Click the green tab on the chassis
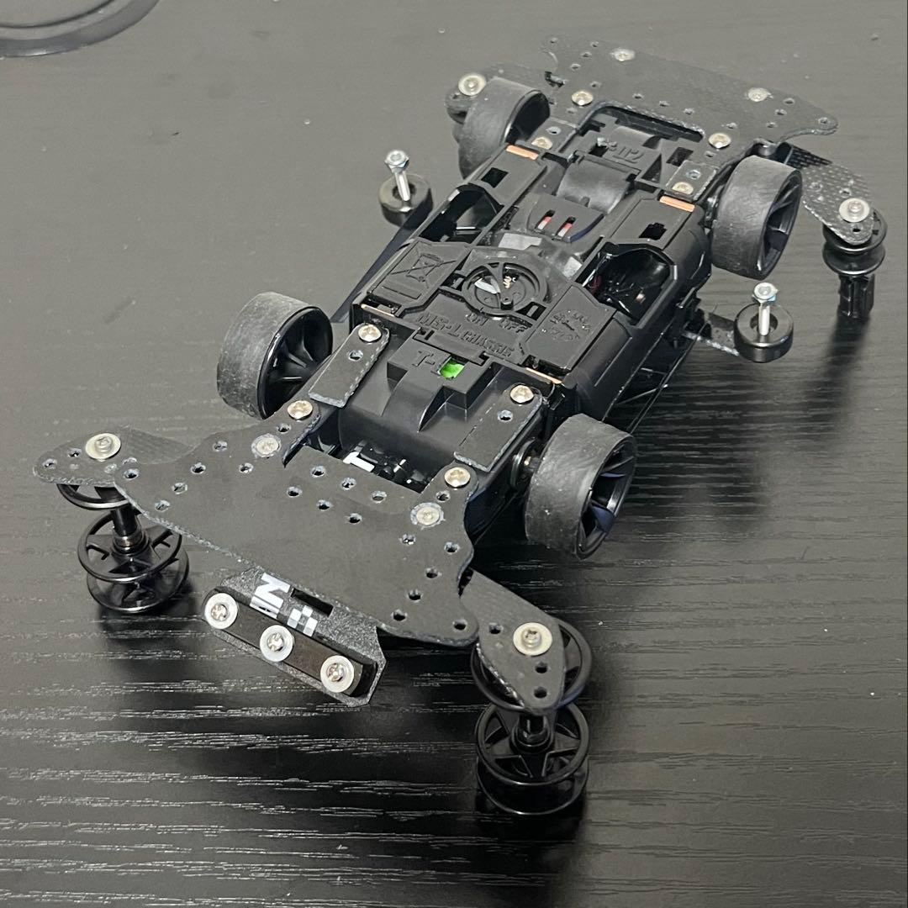pyautogui.click(x=457, y=368)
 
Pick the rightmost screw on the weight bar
pyautogui.click(x=337, y=670)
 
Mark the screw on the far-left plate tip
pyautogui.click(x=103, y=446)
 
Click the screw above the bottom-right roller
pyautogui.click(x=529, y=637)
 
